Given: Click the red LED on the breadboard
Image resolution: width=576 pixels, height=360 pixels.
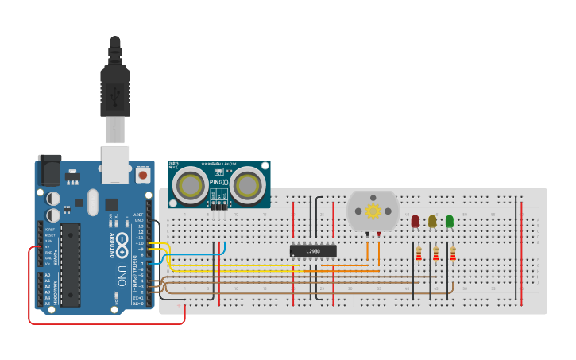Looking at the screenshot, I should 416,221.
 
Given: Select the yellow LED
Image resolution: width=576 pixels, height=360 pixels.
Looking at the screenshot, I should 432,221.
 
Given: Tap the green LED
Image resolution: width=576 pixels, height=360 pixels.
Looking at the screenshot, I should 450,221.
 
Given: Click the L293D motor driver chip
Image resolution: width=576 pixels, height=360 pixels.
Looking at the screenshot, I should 313,251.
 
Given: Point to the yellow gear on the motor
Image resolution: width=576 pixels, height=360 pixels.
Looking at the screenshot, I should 373,211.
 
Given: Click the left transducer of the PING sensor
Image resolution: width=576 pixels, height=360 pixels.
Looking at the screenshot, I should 191,186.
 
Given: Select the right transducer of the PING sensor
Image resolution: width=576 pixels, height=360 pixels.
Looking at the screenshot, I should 248,186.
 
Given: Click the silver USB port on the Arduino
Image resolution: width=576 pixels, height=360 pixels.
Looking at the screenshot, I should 115,159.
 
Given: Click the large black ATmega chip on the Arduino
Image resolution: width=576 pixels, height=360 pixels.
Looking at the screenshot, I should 71,265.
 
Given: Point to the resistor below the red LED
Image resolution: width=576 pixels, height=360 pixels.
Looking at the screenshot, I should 419,254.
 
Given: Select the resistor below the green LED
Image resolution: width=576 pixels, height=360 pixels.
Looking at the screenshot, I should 453,254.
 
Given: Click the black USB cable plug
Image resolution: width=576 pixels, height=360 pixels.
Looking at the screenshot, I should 115,87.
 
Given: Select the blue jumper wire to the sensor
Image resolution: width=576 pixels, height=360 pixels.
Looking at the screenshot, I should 199,255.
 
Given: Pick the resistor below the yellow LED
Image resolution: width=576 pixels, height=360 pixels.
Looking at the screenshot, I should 435,254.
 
